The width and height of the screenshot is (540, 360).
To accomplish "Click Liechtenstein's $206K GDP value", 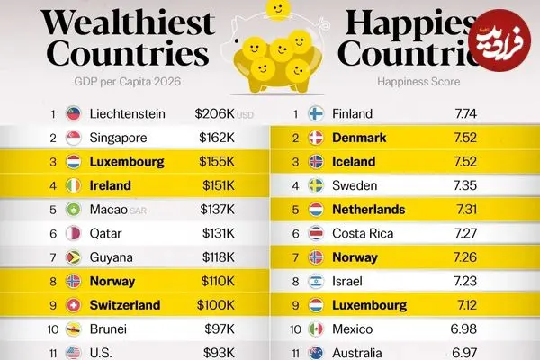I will (214, 114).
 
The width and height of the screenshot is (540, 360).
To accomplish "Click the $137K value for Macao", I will (214, 210).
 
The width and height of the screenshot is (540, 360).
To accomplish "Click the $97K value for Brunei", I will (217, 328).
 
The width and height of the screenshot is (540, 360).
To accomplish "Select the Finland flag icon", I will (316, 114).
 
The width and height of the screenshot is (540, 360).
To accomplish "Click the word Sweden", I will (355, 186).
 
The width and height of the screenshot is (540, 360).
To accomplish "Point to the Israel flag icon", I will (316, 281).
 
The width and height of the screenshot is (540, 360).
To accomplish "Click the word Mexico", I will (354, 328).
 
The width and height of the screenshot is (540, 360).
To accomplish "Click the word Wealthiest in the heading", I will (129, 22).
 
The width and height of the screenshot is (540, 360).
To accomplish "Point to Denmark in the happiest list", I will (359, 139).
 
